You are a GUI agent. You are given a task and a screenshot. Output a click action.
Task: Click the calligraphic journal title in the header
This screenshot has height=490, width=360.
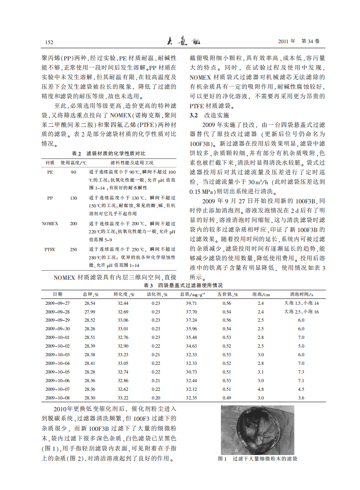tap(180, 41)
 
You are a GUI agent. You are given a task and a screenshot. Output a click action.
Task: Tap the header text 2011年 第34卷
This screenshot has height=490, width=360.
tap(299, 41)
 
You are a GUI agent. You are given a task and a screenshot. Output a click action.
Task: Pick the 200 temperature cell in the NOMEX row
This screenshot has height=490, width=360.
tap(73, 224)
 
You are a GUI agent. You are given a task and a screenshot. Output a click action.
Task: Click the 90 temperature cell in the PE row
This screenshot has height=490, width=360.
tap(73, 172)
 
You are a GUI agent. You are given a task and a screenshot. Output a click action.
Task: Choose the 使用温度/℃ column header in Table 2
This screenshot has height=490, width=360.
tap(73, 162)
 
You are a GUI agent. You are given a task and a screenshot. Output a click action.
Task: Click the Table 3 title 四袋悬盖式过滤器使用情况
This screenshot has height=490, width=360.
tap(183, 285)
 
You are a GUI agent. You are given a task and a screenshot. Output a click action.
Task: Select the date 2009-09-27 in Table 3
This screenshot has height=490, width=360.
tap(58, 303)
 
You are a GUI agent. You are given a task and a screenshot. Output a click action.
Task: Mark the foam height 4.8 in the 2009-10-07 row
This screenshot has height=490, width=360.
tap(261, 389)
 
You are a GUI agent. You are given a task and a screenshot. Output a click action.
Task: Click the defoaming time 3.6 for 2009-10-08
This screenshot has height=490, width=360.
tap(301, 398)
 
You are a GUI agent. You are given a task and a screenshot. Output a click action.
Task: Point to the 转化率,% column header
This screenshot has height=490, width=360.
tap(123, 294)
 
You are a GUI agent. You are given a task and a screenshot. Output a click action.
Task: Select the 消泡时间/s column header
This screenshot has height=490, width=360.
tap(301, 294)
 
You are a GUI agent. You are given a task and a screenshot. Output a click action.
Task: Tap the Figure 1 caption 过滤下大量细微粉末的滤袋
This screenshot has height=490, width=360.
tap(258, 459)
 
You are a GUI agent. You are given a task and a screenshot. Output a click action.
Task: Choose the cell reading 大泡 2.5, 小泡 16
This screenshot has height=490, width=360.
tap(301, 312)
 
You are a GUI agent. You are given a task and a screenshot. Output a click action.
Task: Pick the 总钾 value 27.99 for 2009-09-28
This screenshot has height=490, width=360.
tap(90, 312)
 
